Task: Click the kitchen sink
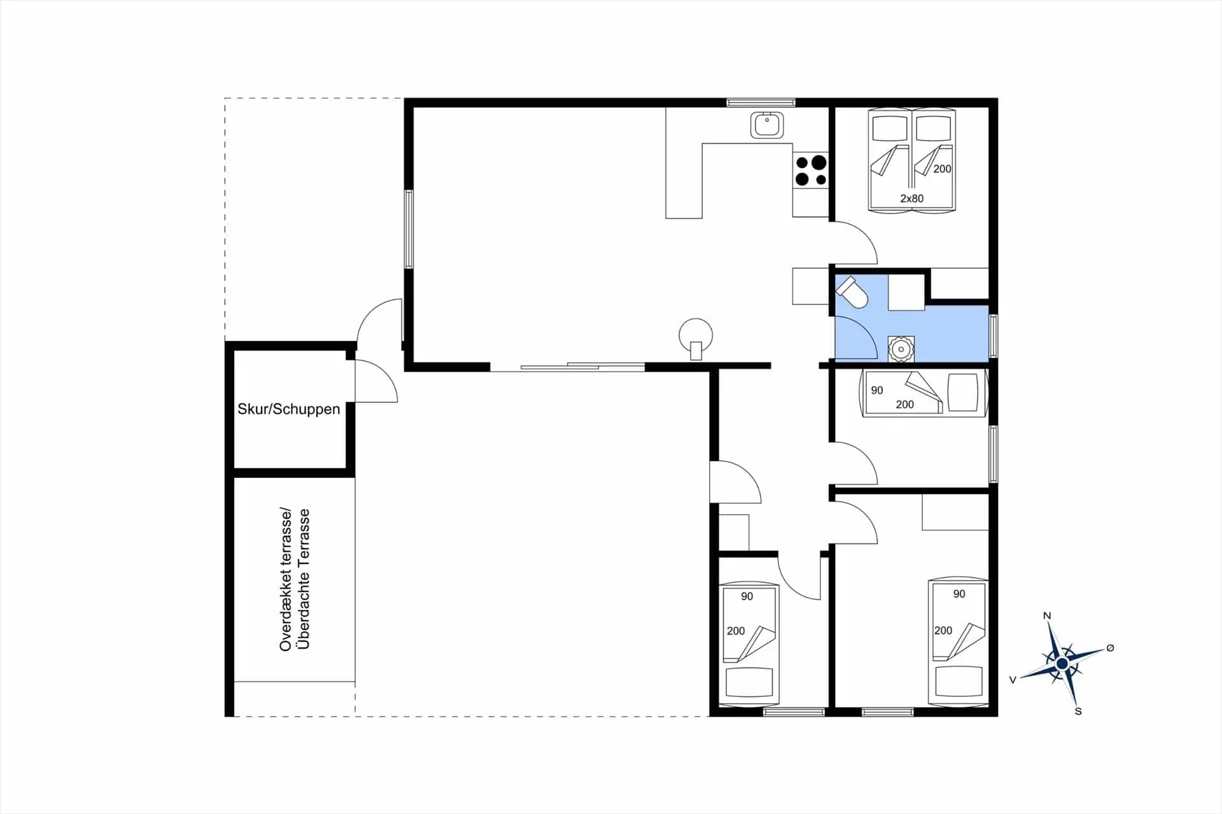point(767,125)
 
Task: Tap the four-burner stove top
point(811,171)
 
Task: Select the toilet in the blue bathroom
point(853,292)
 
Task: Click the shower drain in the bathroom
point(901,349)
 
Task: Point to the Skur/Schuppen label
point(289,409)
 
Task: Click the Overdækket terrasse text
point(285,579)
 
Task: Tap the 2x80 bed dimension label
point(911,199)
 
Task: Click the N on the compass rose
point(1047,615)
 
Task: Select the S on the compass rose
point(1078,711)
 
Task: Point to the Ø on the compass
point(1110,648)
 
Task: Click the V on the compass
point(1013,680)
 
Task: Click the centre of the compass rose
point(1062,664)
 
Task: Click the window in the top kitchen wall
point(761,102)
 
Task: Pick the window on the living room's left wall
point(409,229)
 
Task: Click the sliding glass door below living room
point(567,367)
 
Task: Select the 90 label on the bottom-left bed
point(747,596)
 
